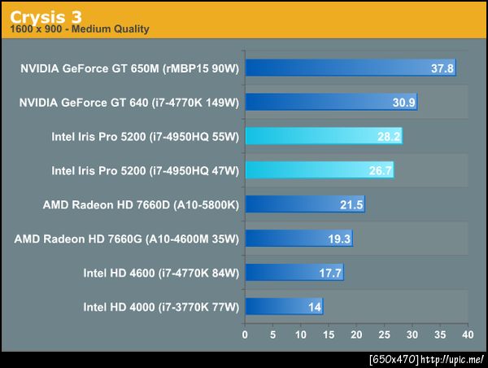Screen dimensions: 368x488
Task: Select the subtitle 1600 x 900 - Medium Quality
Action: [x=80, y=30]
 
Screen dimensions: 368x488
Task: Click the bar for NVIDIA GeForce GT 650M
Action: [x=350, y=68]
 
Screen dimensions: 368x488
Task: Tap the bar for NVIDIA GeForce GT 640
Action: [x=330, y=102]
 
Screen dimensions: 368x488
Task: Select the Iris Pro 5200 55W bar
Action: [x=323, y=136]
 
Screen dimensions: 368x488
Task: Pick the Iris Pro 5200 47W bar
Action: [x=319, y=170]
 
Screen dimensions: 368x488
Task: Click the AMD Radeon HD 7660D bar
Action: [x=304, y=204]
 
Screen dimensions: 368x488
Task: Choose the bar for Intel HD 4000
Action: [x=283, y=307]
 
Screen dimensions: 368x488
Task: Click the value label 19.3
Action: [x=339, y=239]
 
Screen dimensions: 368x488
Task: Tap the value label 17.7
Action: [x=330, y=273]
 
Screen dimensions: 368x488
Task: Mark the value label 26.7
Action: [x=381, y=170]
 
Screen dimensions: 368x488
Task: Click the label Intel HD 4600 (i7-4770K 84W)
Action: [x=161, y=273]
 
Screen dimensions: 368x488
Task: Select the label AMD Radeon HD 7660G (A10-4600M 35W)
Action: [x=127, y=239]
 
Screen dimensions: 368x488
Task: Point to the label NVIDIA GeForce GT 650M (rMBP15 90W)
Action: [x=130, y=68]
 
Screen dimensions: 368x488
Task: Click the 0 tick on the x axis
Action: [x=245, y=334]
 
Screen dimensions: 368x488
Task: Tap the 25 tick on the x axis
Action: [x=383, y=334]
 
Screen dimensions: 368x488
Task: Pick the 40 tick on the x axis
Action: [x=466, y=334]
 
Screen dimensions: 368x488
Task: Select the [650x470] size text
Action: [x=394, y=359]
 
